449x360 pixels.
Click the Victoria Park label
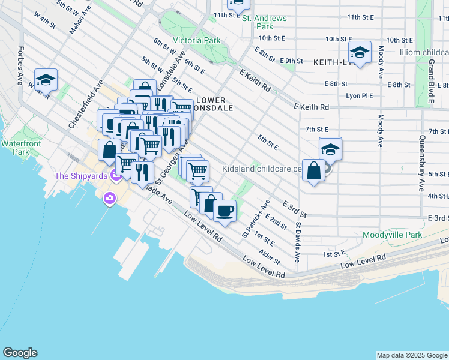[196, 41]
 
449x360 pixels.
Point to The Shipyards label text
[80, 176]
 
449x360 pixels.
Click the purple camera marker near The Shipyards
[110, 198]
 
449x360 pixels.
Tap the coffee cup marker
[224, 211]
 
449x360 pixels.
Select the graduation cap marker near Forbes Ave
[46, 79]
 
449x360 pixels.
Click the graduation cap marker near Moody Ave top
[360, 53]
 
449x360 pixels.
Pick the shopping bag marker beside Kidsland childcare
[313, 171]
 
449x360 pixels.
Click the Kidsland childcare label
[261, 169]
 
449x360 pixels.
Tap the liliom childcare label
[424, 53]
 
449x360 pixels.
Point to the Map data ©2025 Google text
[412, 355]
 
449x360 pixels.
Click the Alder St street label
[268, 257]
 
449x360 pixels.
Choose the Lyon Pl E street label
[359, 95]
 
